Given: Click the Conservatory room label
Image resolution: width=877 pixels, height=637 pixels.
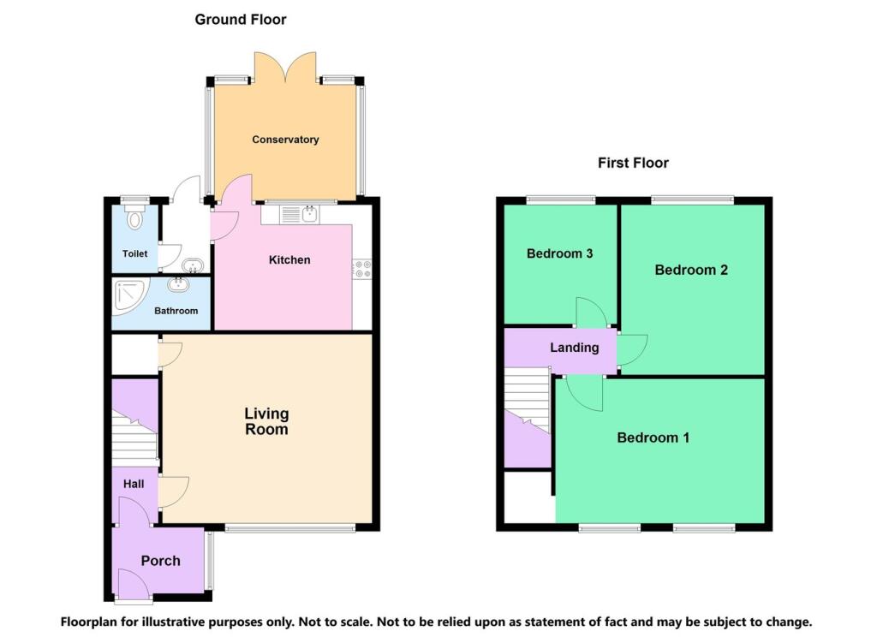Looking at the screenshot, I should (285, 140).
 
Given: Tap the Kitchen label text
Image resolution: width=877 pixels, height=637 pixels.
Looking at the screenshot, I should (289, 259).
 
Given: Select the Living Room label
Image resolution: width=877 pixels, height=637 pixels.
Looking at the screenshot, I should (266, 422).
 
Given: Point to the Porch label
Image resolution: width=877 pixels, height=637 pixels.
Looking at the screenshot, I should (160, 561).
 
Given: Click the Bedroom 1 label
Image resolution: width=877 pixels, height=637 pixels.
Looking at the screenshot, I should (653, 438).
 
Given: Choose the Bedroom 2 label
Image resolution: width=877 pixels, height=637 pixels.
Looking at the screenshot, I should (691, 270).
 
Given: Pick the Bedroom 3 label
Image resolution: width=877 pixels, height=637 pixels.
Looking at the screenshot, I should (560, 253).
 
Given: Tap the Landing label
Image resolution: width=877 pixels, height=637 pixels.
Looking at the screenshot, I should (574, 348).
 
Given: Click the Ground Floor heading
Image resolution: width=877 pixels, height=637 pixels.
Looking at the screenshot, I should (241, 19).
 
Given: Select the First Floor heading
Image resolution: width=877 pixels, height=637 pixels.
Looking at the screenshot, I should (633, 163).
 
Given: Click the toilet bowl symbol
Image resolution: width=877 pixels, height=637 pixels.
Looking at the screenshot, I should (134, 220).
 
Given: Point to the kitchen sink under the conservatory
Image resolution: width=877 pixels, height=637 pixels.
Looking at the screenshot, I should (308, 213).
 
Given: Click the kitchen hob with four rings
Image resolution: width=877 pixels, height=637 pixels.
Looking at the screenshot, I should (362, 270).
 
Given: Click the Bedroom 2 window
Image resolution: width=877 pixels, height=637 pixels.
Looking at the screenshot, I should (692, 200).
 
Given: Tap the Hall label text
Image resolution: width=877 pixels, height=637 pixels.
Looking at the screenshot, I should (133, 484).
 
